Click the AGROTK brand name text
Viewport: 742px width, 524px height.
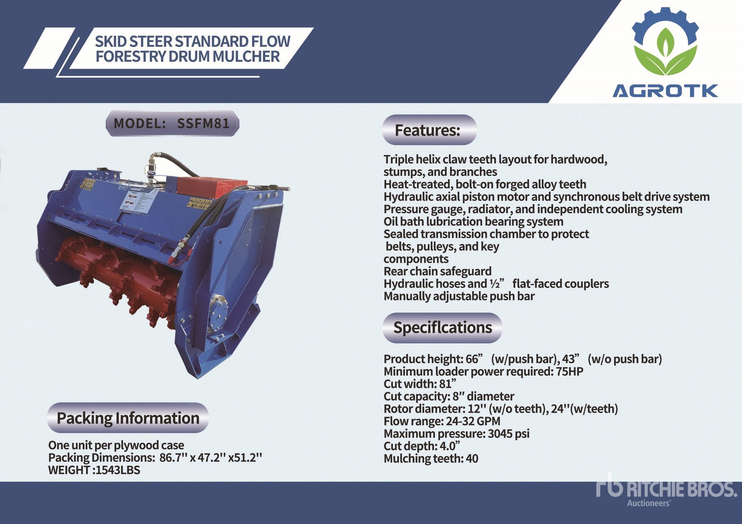click(665, 91)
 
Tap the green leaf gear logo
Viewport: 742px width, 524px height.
click(665, 42)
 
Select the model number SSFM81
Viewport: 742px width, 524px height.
click(203, 124)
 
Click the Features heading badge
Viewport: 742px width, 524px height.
click(429, 130)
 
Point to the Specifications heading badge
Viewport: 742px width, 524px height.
click(442, 328)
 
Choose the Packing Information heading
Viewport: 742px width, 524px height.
click(128, 418)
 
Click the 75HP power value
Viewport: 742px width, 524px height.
click(569, 372)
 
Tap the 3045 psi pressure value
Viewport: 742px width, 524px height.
click(509, 434)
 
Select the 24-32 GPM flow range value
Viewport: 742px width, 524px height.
click(473, 421)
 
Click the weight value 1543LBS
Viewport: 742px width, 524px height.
click(118, 470)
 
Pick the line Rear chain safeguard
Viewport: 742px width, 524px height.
click(437, 271)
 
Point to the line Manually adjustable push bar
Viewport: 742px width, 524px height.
click(459, 296)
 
